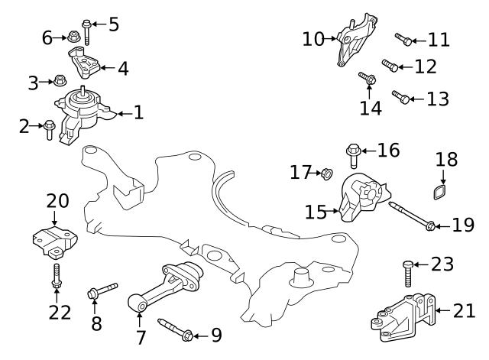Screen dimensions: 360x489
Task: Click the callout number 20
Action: coord(57,201)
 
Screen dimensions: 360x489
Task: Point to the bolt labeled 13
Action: coord(401,97)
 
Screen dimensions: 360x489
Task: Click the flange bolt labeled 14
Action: coord(366,78)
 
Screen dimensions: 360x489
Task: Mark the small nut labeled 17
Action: coord(325,174)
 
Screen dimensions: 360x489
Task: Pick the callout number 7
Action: coord(140,336)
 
